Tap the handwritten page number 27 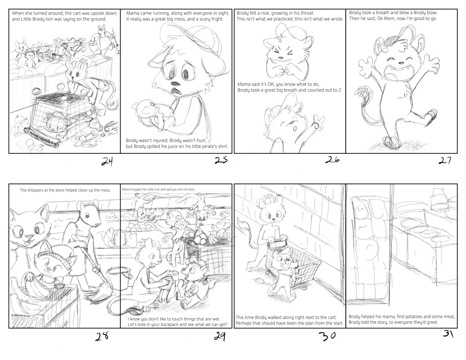coord(445,161)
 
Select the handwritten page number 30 coord(328,336)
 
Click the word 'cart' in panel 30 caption coord(332,318)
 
